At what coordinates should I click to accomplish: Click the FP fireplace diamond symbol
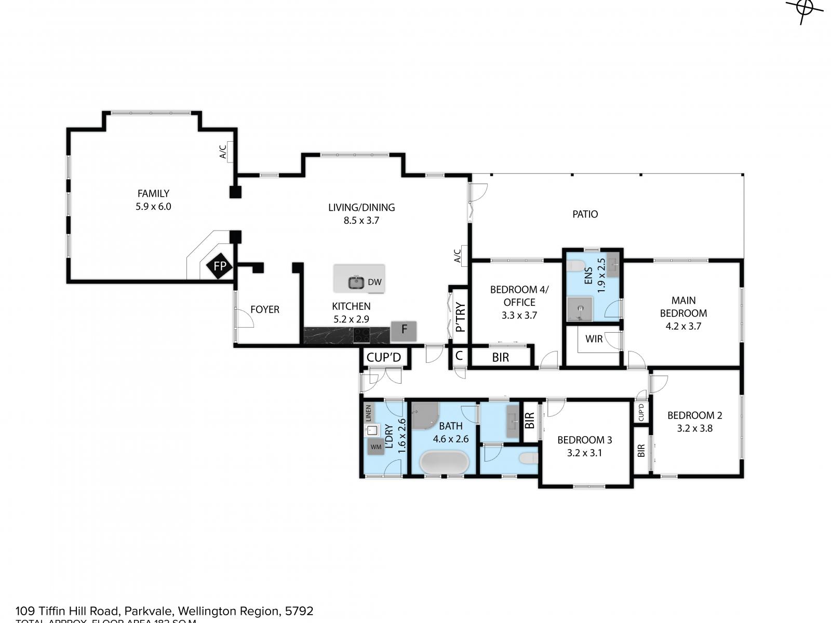click(220, 266)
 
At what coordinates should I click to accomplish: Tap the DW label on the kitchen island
click(374, 282)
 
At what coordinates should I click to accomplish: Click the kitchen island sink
click(356, 282)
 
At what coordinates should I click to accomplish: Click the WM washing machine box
click(376, 446)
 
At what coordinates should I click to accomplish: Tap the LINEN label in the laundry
click(369, 413)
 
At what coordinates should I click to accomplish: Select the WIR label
click(594, 339)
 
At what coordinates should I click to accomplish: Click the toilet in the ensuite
click(575, 266)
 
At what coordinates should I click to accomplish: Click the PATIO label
click(585, 214)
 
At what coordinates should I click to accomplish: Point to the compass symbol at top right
click(805, 9)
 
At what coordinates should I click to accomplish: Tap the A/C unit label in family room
click(223, 152)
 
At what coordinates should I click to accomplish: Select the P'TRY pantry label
click(460, 317)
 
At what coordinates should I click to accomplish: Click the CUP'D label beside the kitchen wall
click(384, 358)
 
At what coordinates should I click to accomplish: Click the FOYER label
click(265, 309)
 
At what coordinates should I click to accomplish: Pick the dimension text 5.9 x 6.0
click(153, 207)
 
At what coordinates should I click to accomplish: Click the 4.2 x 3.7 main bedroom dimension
click(683, 327)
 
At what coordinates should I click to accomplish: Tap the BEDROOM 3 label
click(584, 440)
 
